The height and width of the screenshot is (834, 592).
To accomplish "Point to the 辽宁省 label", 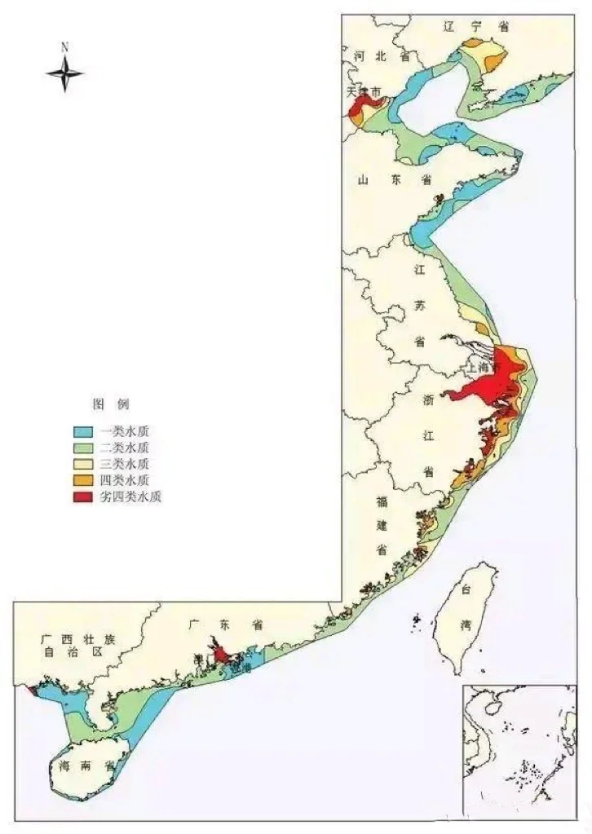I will [x=476, y=26].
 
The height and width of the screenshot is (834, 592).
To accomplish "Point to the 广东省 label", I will [x=224, y=625].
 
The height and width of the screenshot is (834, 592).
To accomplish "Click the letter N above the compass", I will [x=64, y=46].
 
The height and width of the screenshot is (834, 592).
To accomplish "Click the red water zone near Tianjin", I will [x=357, y=110].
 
